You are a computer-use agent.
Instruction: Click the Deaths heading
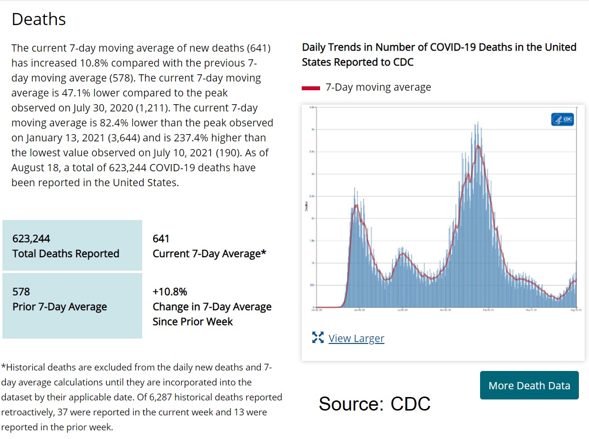39,19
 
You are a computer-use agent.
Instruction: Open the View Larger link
356,338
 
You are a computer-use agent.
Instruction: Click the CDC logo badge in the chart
562,119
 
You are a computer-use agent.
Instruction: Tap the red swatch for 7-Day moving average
311,88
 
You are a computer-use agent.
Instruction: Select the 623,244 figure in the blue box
31,239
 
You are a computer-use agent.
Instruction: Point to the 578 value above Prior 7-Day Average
21,292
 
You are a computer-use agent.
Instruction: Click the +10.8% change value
170,292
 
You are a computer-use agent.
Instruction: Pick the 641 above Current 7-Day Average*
161,239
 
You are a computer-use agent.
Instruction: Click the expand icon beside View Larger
318,338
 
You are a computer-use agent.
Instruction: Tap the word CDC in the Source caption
410,404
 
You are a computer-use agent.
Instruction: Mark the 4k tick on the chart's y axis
313,129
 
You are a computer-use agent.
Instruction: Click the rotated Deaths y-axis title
306,206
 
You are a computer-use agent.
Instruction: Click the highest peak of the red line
478,146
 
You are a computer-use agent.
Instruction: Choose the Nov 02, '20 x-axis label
445,310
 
